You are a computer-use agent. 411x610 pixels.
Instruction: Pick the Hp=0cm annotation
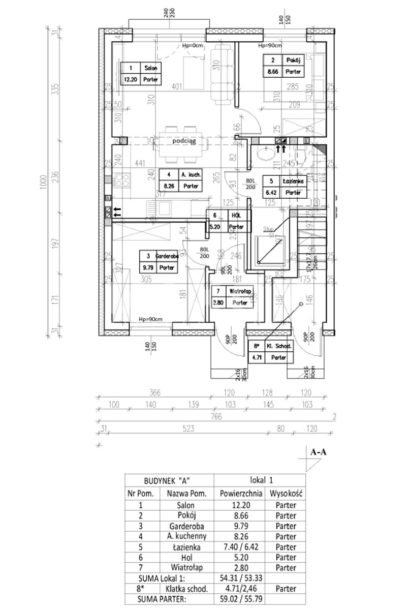[x=193, y=46]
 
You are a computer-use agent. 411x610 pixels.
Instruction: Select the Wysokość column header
[x=286, y=493]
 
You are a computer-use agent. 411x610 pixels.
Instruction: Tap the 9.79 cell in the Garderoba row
[x=240, y=526]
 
